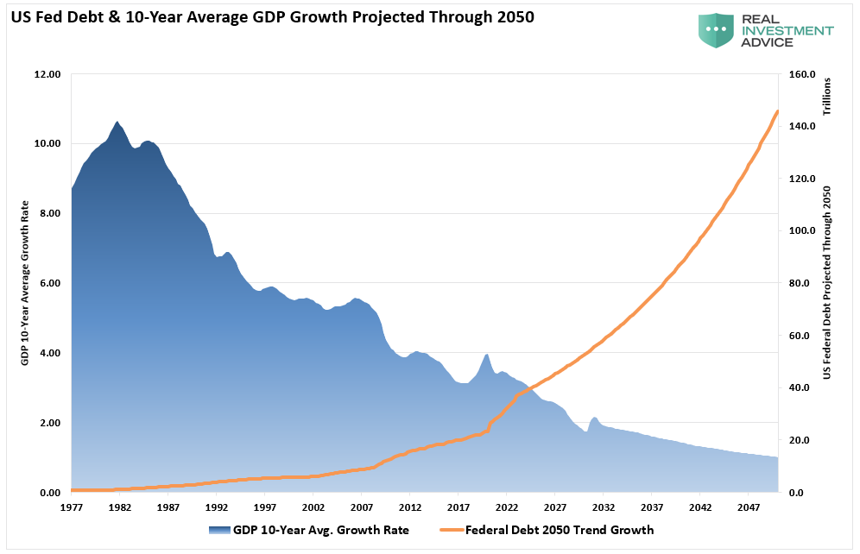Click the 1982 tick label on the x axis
120,507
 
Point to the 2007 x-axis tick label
362,507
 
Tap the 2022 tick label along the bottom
507,507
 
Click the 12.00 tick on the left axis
47,75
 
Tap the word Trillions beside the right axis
826,97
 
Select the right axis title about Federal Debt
826,283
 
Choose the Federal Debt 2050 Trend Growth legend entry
560,530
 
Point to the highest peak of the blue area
117,122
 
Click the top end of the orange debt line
778,111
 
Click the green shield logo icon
716,30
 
